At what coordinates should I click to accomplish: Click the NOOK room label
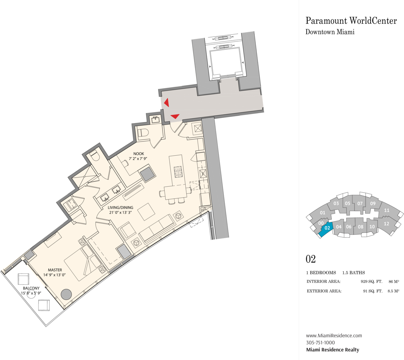pos(139,154)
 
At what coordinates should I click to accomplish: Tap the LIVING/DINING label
pos(120,208)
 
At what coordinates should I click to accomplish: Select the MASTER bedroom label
pos(55,270)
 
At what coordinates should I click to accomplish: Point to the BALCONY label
pos(31,288)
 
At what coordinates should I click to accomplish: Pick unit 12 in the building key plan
pos(386,224)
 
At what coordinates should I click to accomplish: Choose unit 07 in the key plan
pos(360,203)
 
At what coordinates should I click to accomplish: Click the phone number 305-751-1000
pos(320,343)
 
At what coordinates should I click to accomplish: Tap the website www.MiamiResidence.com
pos(334,336)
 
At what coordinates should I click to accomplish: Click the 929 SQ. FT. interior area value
pos(371,281)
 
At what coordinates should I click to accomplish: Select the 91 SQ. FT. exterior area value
pos(373,291)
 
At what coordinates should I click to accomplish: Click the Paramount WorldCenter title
pos(351,20)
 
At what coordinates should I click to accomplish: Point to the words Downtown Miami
pos(330,32)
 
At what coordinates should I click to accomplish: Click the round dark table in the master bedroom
pos(66,294)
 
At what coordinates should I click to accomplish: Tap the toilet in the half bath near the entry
pos(143,133)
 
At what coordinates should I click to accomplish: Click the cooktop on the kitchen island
pos(178,172)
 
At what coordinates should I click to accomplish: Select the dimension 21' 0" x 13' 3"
pos(120,212)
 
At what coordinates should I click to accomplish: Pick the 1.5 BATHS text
pos(354,272)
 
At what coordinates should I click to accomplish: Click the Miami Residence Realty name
pos(332,350)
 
